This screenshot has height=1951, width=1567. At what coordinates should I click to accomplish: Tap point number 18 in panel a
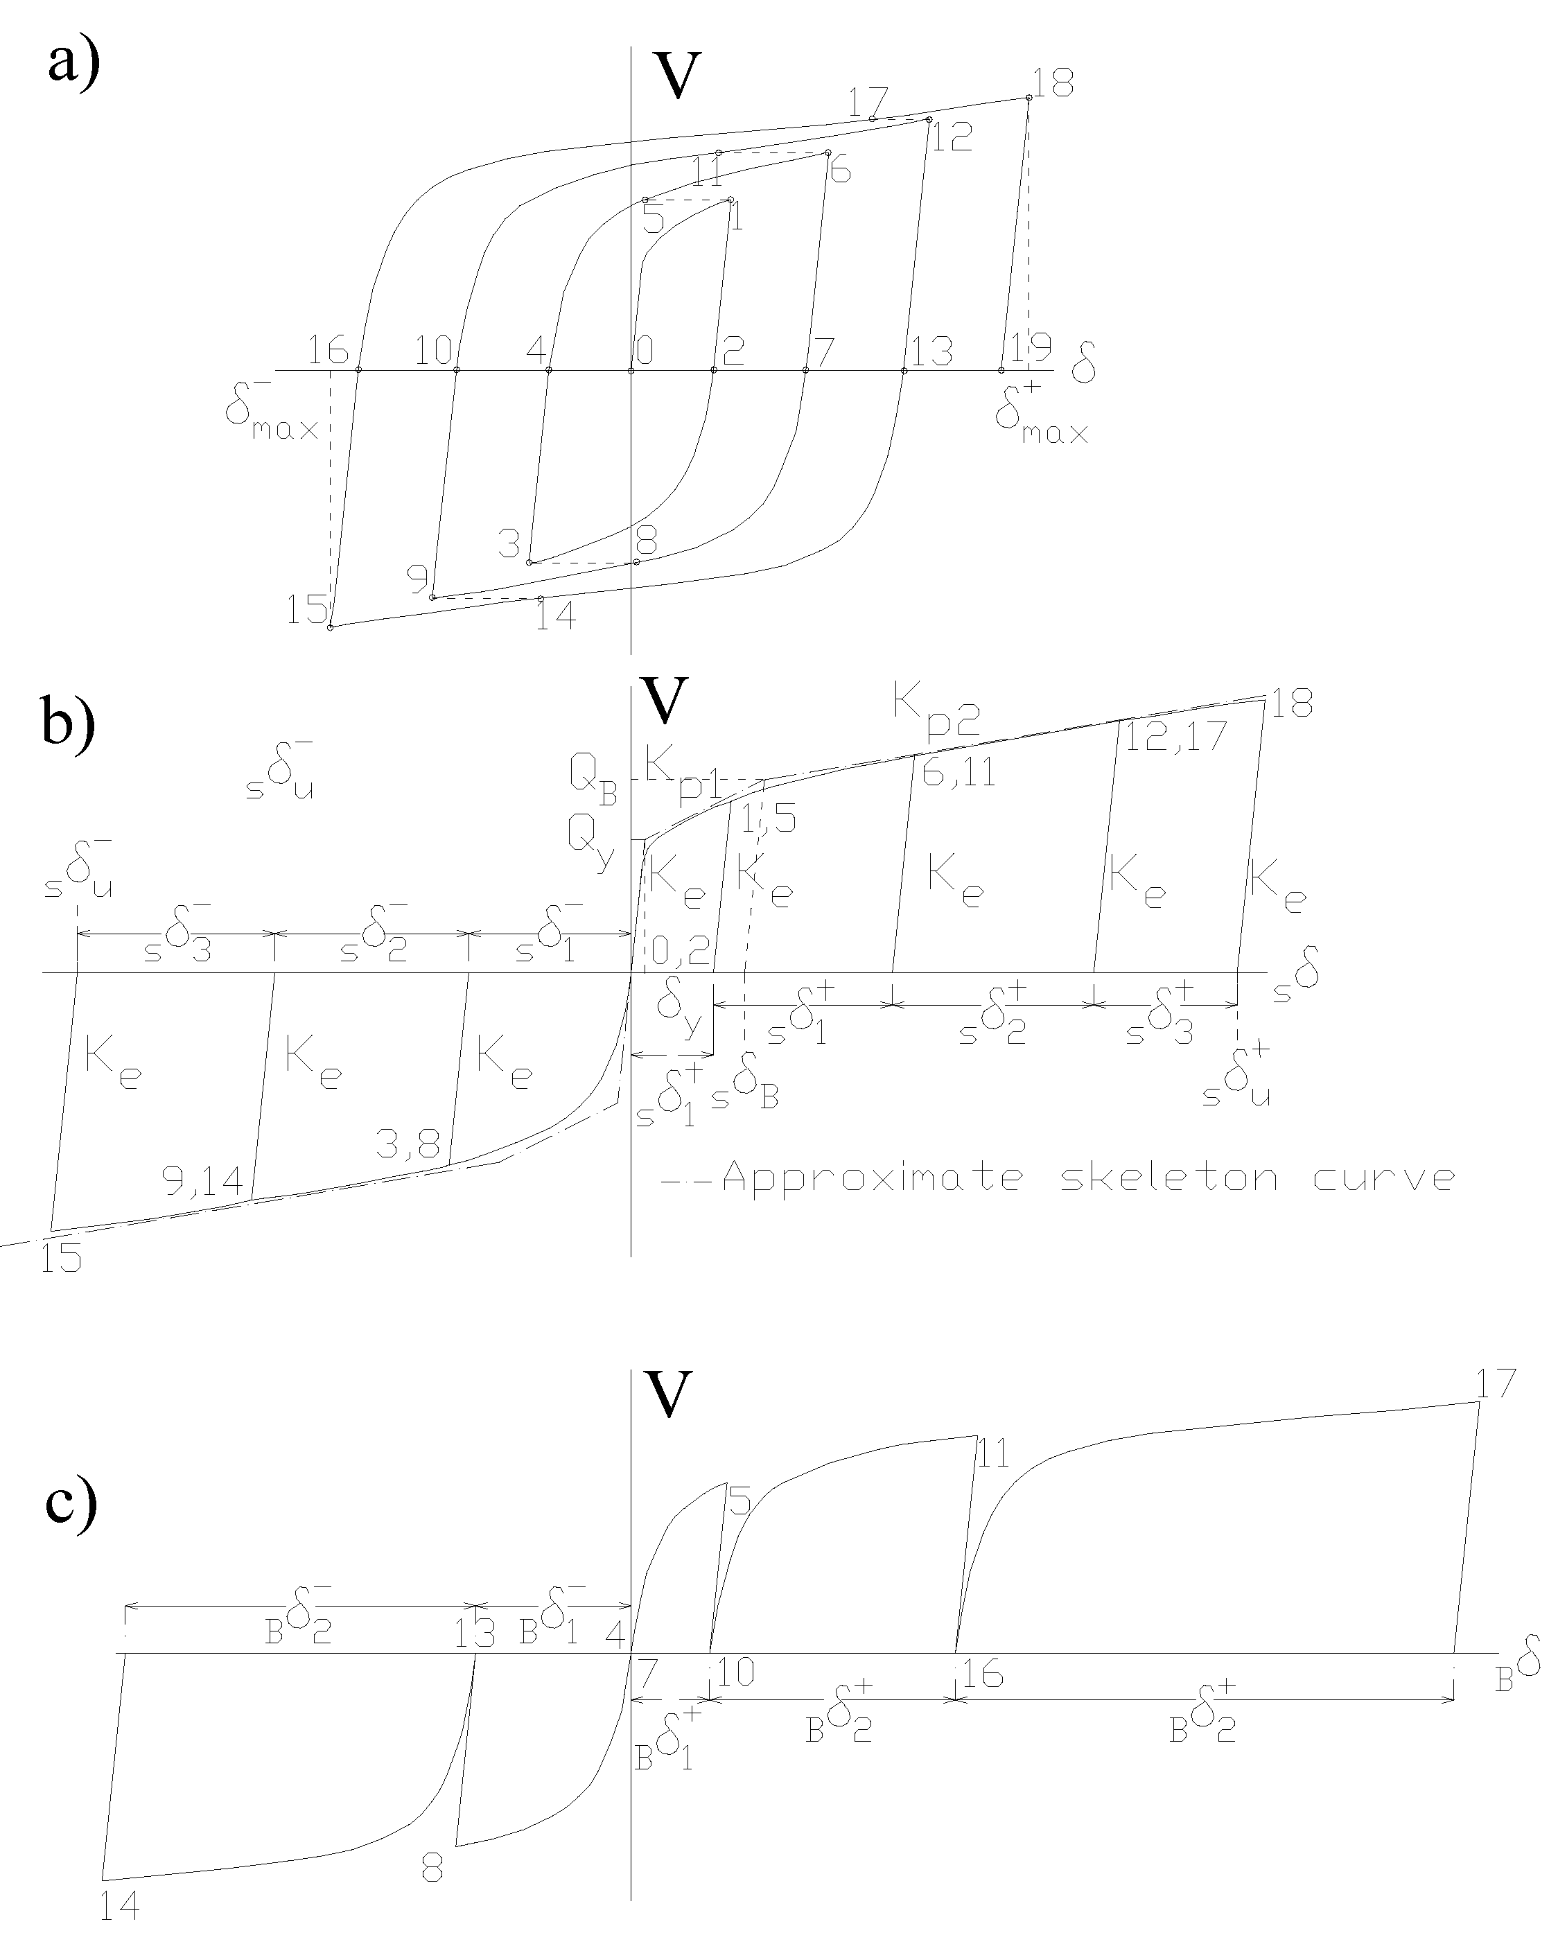(1052, 84)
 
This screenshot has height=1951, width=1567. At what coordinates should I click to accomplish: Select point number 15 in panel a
(308, 610)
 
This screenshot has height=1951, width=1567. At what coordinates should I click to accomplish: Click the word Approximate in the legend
(873, 1178)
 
